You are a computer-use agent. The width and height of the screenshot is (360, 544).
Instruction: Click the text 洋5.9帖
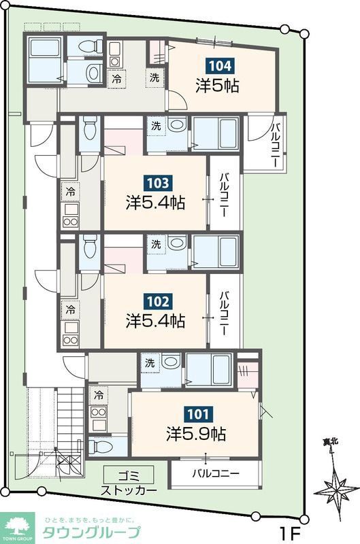(x=196, y=432)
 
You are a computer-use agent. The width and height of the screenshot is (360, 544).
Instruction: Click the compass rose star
(x=336, y=488)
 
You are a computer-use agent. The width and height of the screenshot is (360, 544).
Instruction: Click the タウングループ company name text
(x=92, y=532)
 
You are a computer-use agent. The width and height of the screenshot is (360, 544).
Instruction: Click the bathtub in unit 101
(x=210, y=370)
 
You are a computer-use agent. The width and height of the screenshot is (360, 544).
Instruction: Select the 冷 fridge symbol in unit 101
(x=100, y=395)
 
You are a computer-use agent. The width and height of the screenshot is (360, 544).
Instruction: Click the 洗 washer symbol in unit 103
(x=157, y=126)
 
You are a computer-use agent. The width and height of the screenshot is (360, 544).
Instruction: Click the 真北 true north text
(x=331, y=442)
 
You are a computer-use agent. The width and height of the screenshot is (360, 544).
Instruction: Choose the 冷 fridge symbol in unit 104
(x=117, y=78)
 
